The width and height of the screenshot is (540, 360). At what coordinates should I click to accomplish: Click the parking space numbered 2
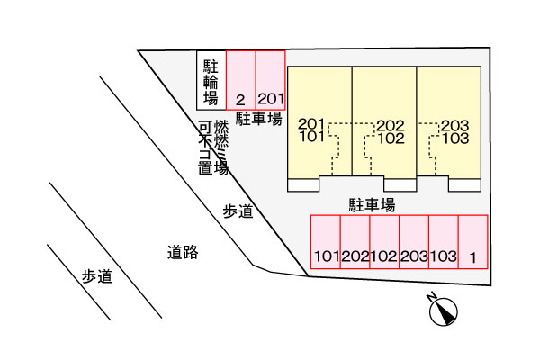[240, 80]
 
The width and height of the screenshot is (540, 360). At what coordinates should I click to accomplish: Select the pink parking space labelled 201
[271, 80]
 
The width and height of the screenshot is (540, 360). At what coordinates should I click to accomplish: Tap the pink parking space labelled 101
[326, 242]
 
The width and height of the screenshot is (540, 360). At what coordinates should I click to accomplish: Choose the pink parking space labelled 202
[355, 242]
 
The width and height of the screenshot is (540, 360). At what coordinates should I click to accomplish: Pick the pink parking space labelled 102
[384, 242]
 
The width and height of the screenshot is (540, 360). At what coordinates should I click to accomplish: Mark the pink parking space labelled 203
[414, 242]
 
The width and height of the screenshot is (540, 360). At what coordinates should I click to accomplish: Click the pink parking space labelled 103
[444, 242]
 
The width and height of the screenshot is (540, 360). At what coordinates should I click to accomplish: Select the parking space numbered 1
[473, 242]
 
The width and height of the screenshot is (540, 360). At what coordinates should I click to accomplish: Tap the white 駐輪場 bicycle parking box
[211, 80]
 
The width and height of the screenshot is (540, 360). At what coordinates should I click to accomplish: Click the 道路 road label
[183, 253]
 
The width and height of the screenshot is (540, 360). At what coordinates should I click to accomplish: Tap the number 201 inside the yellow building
[311, 123]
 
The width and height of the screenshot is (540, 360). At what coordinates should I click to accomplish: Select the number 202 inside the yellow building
[391, 126]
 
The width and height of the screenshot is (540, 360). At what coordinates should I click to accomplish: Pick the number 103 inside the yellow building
[455, 139]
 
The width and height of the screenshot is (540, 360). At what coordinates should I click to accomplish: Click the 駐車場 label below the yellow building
[373, 205]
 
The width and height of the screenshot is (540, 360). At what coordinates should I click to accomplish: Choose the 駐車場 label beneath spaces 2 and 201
[259, 119]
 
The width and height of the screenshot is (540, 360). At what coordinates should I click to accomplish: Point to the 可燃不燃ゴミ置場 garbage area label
[213, 148]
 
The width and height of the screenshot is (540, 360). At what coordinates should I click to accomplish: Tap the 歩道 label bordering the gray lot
[238, 211]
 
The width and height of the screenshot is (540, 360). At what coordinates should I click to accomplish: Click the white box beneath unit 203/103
[464, 185]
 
